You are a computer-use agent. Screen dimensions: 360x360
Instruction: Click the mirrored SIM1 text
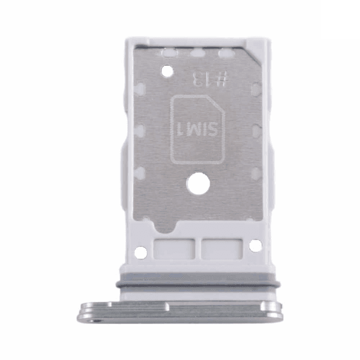pyautogui.click(x=197, y=129)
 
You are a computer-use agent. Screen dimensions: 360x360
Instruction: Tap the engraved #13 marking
pyautogui.click(x=210, y=79)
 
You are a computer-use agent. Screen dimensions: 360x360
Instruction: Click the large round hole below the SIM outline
pyautogui.click(x=198, y=184)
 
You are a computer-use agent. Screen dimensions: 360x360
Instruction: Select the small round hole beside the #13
pyautogui.click(x=167, y=71)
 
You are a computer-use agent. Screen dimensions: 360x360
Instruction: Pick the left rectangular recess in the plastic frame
pyautogui.click(x=174, y=249)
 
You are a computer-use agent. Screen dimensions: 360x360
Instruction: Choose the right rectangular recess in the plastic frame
pyautogui.click(x=222, y=249)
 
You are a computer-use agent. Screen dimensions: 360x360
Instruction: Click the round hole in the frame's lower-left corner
pyautogui.click(x=141, y=253)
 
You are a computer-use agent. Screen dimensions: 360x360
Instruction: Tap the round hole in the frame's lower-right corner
pyautogui.click(x=255, y=246)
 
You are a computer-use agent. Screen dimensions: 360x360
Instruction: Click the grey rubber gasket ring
pyautogui.click(x=198, y=285)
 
